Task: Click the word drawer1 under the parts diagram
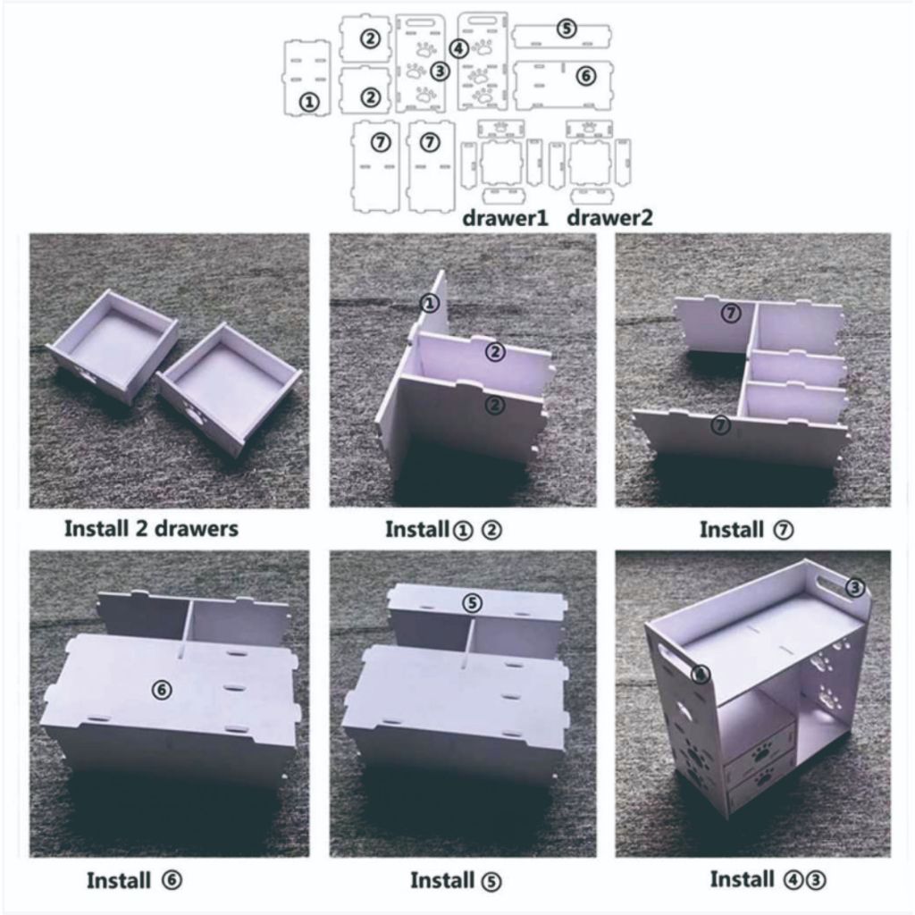tap(505, 218)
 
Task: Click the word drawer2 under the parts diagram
tap(609, 218)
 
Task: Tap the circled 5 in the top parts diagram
tap(566, 29)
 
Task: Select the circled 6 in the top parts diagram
tap(585, 76)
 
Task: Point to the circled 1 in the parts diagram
tap(309, 103)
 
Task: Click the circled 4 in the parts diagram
tap(459, 49)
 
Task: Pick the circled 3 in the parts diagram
tap(440, 71)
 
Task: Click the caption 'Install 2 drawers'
tap(151, 529)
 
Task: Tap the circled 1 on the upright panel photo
tap(430, 303)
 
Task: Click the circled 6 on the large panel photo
tap(162, 690)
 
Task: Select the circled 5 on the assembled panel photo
tap(472, 603)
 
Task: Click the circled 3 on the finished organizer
tap(855, 587)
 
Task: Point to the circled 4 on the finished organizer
tap(701, 675)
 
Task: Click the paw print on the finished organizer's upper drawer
tap(760, 753)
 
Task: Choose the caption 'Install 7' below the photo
tap(746, 530)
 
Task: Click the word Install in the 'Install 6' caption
tap(119, 880)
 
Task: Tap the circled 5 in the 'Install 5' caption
tap(491, 881)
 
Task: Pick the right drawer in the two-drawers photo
tap(229, 388)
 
